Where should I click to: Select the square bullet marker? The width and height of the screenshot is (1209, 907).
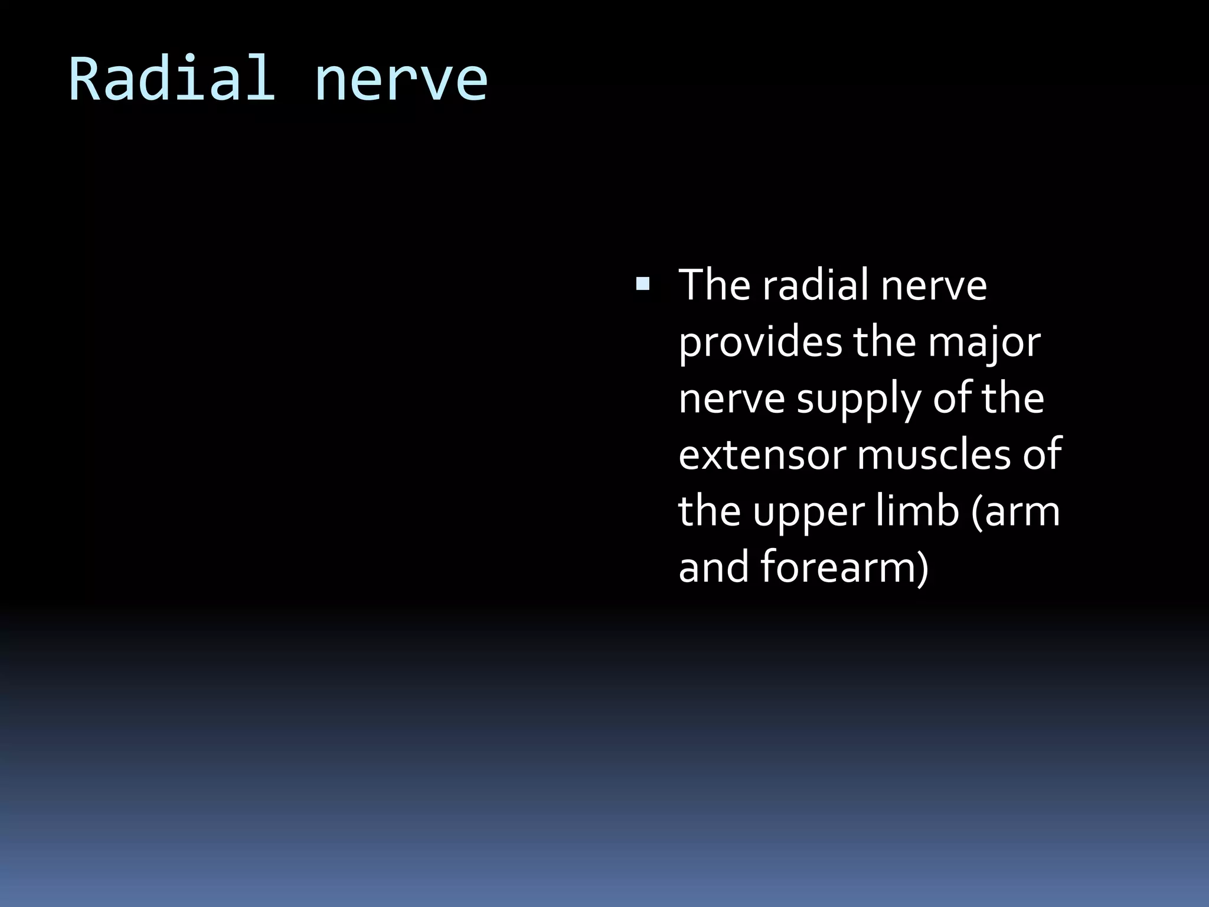pos(642,285)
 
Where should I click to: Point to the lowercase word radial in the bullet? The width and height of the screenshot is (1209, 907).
pos(815,285)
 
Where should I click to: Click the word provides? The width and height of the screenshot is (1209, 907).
pos(760,342)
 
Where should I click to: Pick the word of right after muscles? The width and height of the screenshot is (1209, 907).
pos(1042,455)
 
